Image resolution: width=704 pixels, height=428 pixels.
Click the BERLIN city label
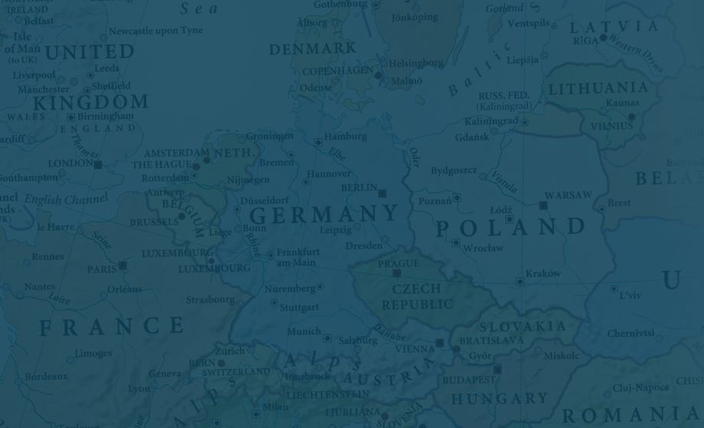click(x=359, y=188)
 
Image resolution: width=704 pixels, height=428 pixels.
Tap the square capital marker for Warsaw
click(x=543, y=205)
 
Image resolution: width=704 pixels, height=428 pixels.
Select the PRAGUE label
click(x=398, y=263)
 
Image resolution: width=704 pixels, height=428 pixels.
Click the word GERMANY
click(x=324, y=214)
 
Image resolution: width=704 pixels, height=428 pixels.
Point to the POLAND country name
click(x=510, y=227)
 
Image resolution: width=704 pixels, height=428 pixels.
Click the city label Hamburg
click(x=345, y=137)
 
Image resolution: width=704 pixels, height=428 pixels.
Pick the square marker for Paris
click(x=122, y=266)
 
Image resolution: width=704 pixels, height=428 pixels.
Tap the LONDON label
click(x=70, y=164)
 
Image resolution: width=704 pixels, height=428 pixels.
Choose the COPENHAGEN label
click(x=337, y=71)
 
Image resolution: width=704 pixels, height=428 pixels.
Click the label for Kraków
click(x=543, y=273)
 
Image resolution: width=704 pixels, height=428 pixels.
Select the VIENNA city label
click(x=415, y=349)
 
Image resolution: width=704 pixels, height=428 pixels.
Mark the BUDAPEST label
click(x=468, y=380)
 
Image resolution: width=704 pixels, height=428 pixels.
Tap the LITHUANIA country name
click(x=598, y=87)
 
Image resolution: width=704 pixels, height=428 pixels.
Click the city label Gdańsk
click(x=471, y=137)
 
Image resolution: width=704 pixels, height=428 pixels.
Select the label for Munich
click(x=304, y=332)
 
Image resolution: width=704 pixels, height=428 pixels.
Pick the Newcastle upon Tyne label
click(x=155, y=31)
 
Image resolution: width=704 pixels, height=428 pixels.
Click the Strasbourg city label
click(x=210, y=299)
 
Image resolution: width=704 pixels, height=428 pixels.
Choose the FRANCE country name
click(x=112, y=328)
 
